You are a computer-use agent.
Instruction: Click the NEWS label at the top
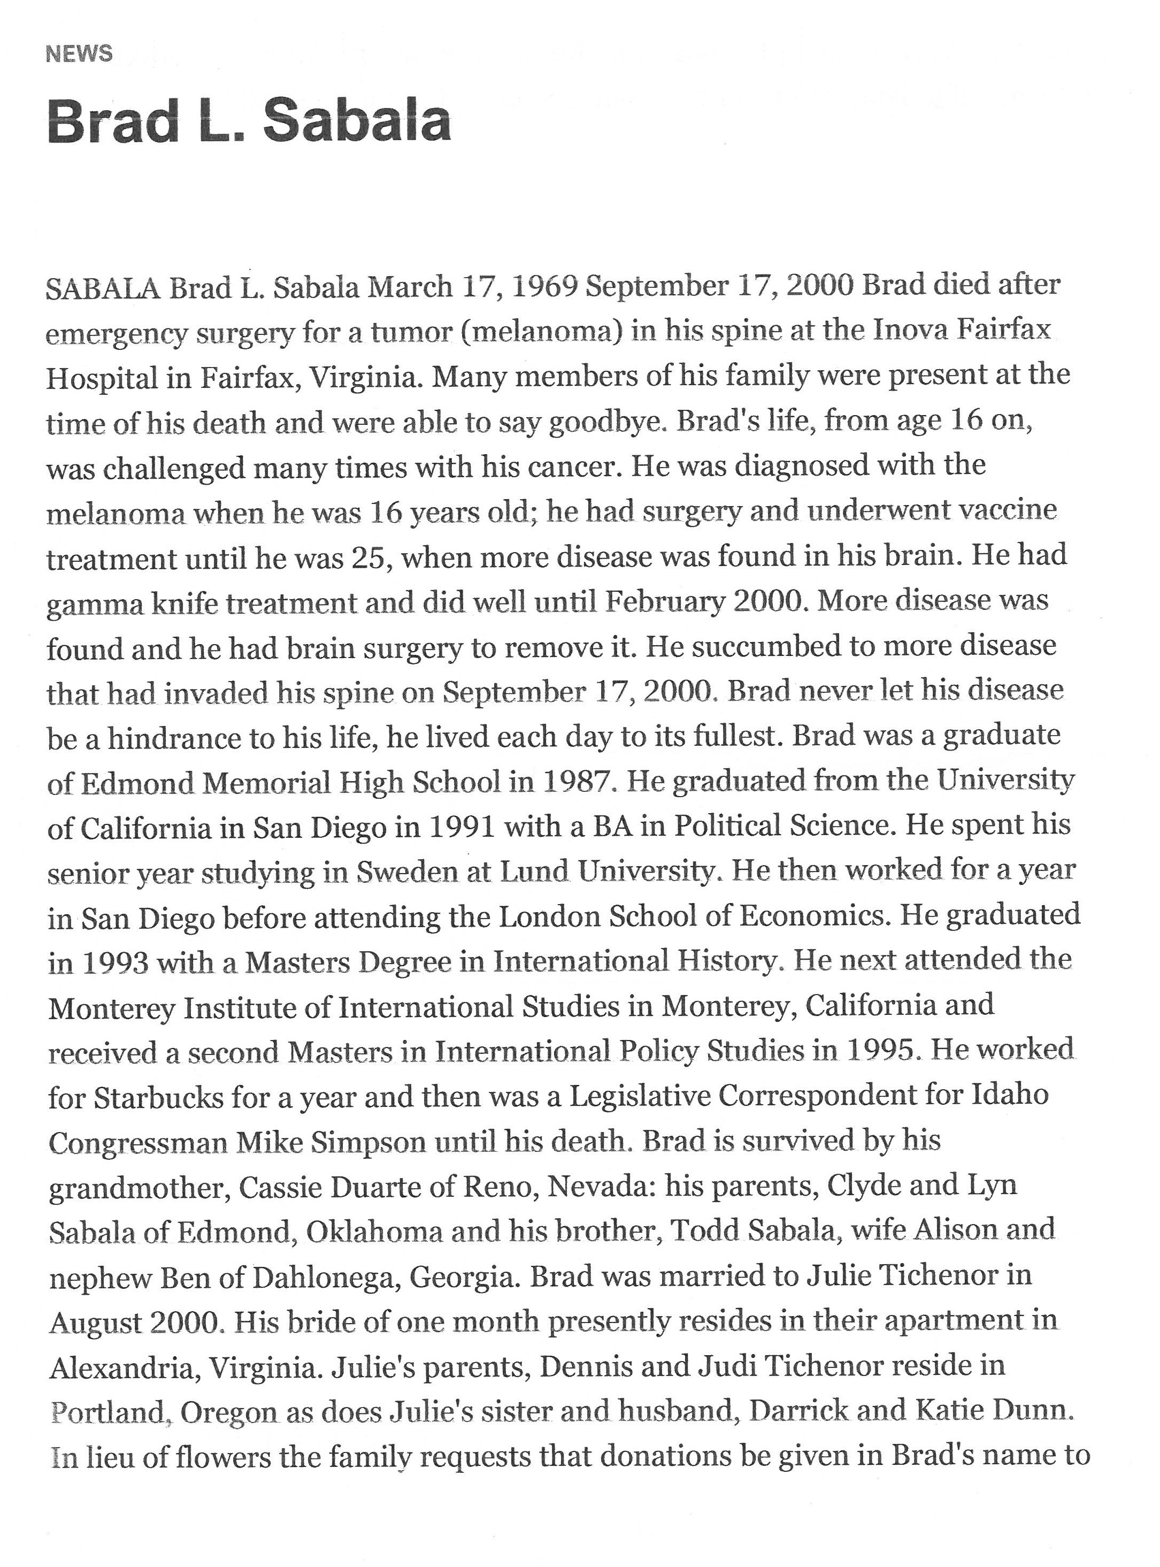tap(79, 54)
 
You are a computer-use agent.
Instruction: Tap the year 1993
tap(114, 963)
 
